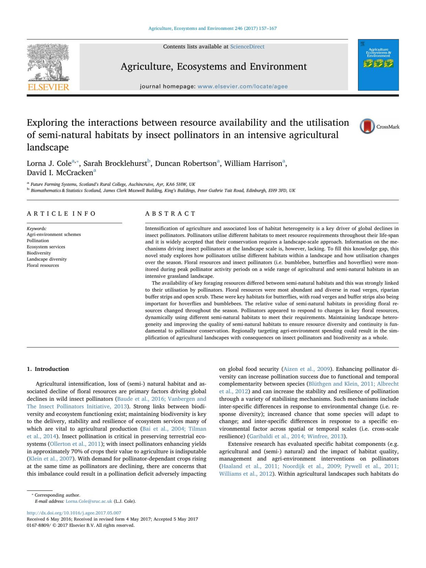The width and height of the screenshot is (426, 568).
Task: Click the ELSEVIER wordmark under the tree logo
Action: (x=48, y=87)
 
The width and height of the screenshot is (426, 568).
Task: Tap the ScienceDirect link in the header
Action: (x=247, y=47)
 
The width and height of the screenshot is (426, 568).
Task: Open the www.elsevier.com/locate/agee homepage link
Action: (x=242, y=86)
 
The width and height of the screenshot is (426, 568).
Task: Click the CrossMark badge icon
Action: (x=367, y=126)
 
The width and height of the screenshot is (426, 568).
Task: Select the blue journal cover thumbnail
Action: (x=378, y=65)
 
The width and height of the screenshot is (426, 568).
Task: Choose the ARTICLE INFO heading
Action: (x=61, y=213)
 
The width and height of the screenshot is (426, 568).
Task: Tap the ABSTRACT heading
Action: (x=170, y=213)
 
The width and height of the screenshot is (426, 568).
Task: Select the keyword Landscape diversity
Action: (x=47, y=259)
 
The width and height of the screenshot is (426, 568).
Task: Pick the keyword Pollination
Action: (x=38, y=240)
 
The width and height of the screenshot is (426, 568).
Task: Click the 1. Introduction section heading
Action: (x=48, y=369)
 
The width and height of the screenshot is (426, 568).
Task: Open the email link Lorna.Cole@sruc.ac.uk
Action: (x=89, y=501)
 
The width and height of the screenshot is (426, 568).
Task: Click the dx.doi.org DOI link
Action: (x=74, y=513)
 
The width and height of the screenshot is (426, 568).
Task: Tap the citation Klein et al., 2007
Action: (x=50, y=459)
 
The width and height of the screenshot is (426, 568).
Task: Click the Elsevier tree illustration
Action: (x=48, y=63)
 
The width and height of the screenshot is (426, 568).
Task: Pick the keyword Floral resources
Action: (x=43, y=265)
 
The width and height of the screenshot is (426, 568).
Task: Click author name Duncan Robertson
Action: (x=186, y=163)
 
